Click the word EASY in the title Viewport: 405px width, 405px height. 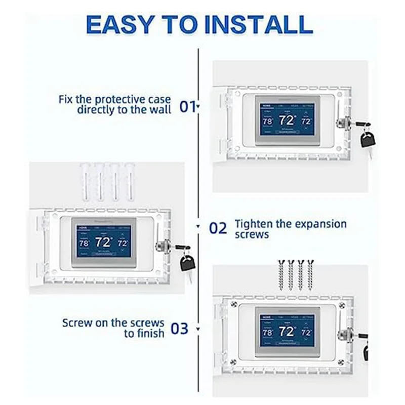118,24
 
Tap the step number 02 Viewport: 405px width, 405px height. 218,228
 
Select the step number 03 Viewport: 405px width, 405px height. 179,329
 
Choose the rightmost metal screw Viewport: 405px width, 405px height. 310,274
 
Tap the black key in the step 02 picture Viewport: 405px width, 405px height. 187,262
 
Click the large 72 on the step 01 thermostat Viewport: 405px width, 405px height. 288,120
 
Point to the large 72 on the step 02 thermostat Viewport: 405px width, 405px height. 103,241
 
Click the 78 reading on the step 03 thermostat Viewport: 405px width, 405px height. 268,333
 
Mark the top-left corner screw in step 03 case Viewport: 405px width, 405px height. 234,304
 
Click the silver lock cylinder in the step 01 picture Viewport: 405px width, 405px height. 340,122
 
